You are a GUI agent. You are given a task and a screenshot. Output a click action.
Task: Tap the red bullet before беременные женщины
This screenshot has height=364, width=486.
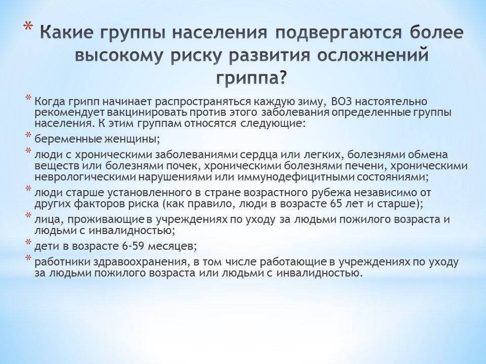28,135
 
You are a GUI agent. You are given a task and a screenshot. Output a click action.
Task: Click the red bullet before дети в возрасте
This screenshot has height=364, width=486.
28,242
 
